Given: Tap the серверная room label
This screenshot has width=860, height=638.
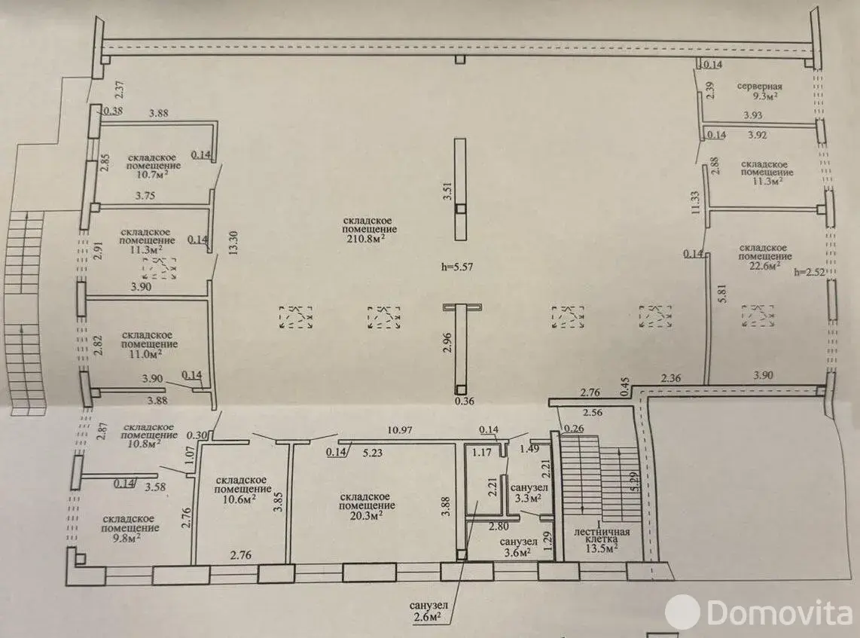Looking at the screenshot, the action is (759, 86).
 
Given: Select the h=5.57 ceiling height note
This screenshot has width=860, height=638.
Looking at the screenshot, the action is (457, 267).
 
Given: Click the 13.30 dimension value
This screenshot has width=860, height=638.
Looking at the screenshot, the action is (233, 243).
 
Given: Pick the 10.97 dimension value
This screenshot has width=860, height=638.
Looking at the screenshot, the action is (399, 430).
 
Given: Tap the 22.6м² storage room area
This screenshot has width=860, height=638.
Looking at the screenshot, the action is (764, 266).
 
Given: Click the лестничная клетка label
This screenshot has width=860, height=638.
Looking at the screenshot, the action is (602, 536).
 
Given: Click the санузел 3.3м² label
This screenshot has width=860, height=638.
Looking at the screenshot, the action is (529, 493).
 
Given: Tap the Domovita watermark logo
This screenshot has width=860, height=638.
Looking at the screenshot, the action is (761, 612).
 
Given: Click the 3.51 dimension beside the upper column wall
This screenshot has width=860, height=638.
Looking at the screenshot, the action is (447, 190).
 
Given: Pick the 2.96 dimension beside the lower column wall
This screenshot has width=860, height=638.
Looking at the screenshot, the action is (447, 343).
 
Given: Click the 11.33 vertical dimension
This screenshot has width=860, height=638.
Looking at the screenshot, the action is (696, 202).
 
